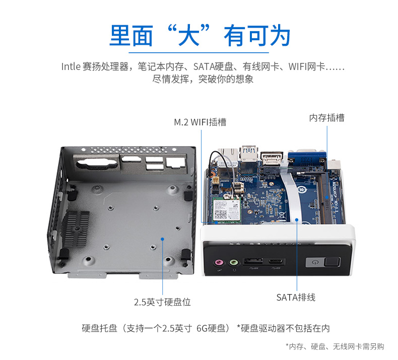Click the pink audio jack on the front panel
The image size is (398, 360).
click(219, 262)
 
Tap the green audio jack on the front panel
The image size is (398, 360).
click(234, 262)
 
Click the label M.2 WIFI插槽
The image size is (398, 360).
click(200, 122)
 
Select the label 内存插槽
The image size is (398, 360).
click(326, 118)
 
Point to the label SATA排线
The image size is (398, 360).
click(296, 298)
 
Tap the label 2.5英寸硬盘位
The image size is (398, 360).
click(162, 302)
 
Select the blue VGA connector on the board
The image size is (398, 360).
click(307, 160)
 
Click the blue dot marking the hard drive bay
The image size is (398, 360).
click(162, 239)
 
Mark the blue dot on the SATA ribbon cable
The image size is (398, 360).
click(297, 220)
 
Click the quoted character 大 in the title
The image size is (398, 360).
click(188, 36)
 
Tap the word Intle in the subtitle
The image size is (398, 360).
click(71, 66)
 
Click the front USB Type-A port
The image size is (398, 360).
click(253, 261)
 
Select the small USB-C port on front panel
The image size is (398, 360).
click(276, 261)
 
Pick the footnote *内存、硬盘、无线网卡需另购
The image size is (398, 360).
click(335, 346)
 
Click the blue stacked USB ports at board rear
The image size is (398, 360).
click(249, 154)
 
